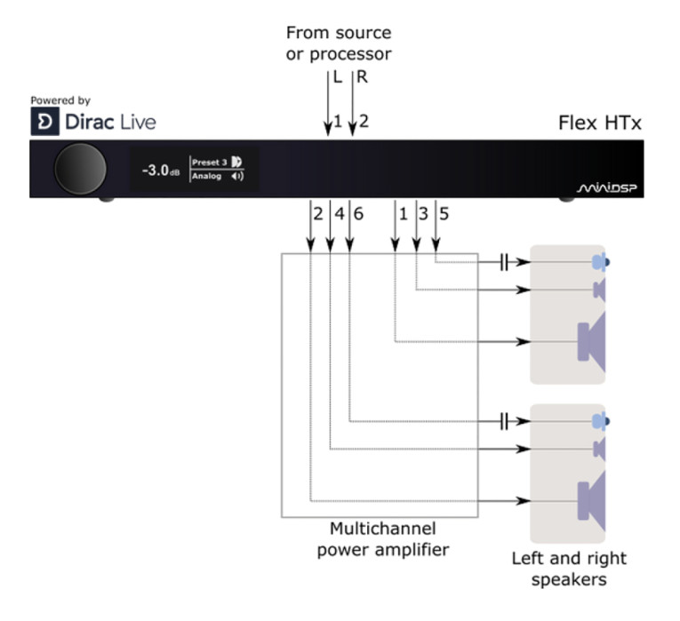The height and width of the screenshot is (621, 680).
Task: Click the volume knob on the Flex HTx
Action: pyautogui.click(x=80, y=169)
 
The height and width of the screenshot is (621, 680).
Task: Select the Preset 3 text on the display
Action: pyautogui.click(x=210, y=163)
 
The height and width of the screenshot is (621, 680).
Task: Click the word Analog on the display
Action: pyautogui.click(x=207, y=176)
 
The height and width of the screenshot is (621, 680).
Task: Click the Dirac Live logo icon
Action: pyautogui.click(x=44, y=123)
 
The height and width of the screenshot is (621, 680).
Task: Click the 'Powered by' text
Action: pyautogui.click(x=60, y=101)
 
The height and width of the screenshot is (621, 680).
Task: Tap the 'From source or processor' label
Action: pyautogui.click(x=338, y=43)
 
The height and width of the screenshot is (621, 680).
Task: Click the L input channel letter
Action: pyautogui.click(x=337, y=77)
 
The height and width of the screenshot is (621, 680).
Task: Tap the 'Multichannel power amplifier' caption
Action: pyautogui.click(x=383, y=539)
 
